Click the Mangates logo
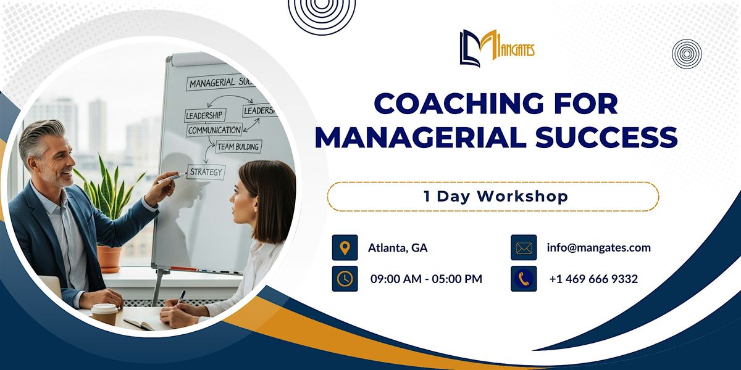[496, 48]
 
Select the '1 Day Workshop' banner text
[492, 197]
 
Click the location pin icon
[345, 247]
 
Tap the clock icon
[345, 279]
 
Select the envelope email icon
[524, 248]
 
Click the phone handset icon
[524, 279]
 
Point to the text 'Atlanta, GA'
[398, 248]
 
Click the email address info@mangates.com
[598, 247]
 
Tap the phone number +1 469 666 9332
[593, 279]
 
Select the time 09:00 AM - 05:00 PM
[426, 279]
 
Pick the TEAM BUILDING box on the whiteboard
[238, 147]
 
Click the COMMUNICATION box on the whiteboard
[214, 130]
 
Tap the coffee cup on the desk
[104, 314]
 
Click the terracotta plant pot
[110, 259]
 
